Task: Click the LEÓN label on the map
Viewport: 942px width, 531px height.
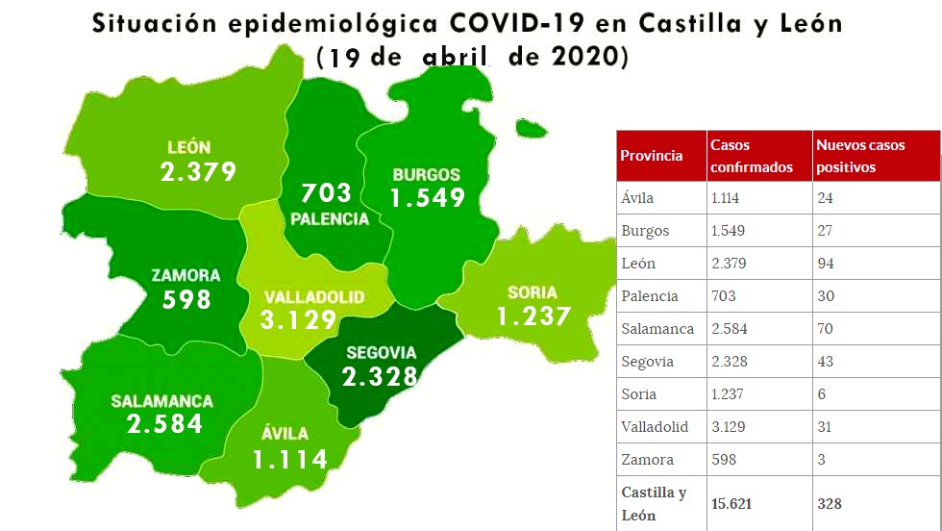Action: (188, 147)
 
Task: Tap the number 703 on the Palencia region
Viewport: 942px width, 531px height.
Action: (327, 192)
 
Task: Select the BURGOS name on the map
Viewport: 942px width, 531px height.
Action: (426, 175)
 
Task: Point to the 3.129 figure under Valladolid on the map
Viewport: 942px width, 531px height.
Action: (300, 320)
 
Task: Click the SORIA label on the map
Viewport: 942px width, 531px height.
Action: (533, 292)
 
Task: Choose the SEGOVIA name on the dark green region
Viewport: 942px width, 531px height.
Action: (381, 352)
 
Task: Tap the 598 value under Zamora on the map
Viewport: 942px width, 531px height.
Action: (186, 299)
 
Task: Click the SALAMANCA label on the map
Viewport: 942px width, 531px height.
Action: (161, 401)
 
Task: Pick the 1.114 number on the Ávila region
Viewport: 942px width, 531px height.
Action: (290, 459)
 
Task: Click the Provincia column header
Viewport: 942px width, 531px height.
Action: (652, 156)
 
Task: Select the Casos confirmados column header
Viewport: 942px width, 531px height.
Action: (751, 156)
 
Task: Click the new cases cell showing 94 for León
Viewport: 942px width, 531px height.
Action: (825, 264)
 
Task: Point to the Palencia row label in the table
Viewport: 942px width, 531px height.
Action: (650, 296)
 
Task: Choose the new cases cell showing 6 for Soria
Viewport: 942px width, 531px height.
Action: (821, 394)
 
